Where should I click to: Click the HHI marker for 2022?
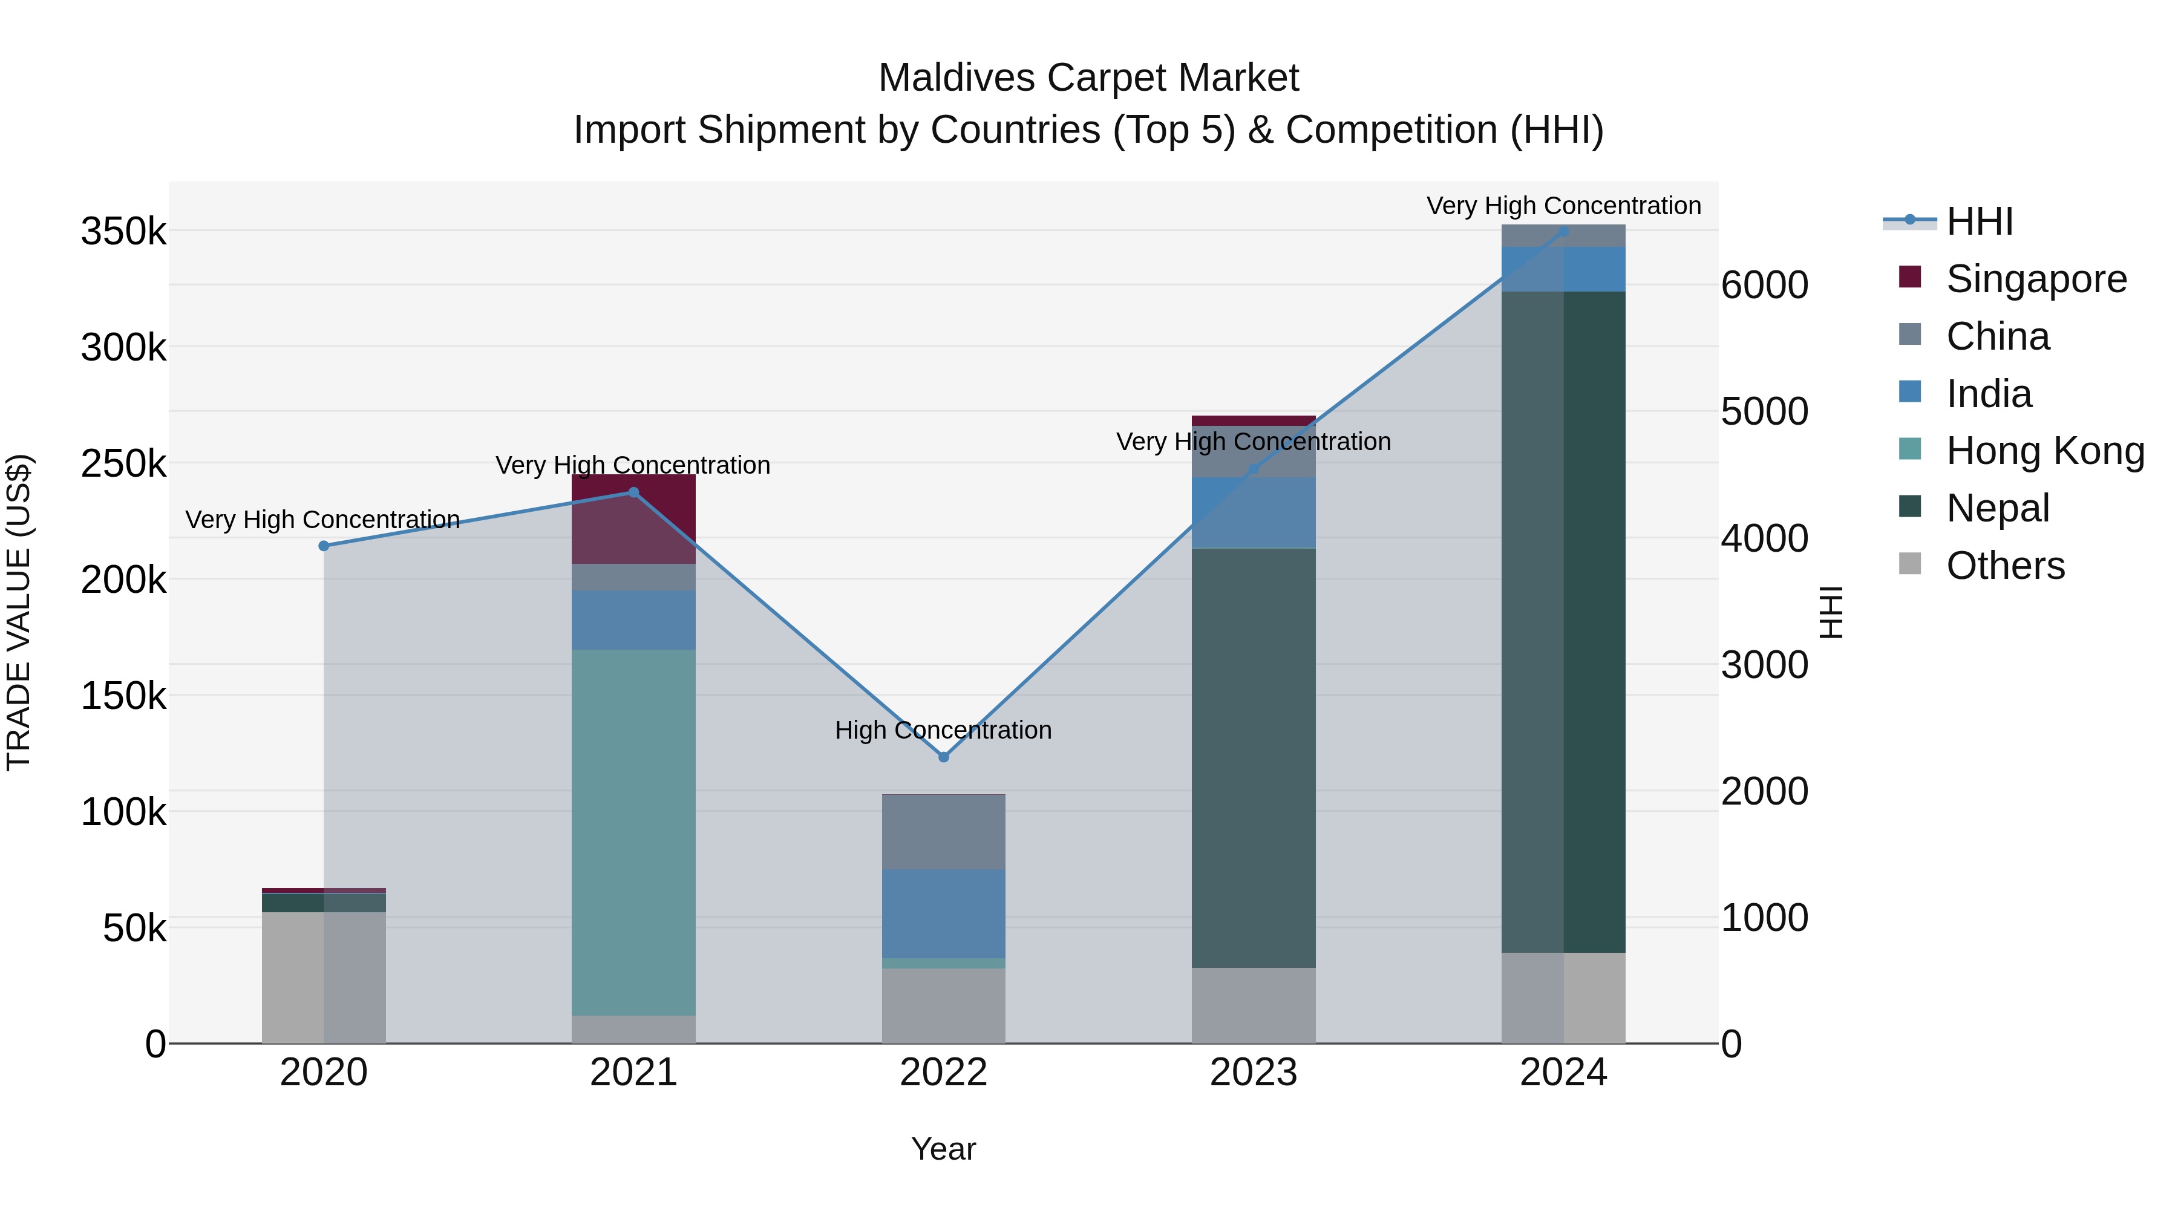click(x=944, y=757)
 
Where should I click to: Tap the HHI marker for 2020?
click(x=324, y=546)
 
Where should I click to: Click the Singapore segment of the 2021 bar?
click(x=633, y=518)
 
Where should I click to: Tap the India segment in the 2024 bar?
click(x=1563, y=269)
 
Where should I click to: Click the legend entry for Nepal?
click(x=1997, y=508)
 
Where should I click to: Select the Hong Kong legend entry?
click(x=2044, y=451)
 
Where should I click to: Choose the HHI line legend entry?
click(x=1978, y=221)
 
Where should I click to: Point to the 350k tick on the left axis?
click(x=123, y=232)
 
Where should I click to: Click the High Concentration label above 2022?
click(x=944, y=730)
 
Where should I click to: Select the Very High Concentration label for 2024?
click(x=1563, y=206)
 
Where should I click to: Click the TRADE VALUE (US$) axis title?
click(x=19, y=612)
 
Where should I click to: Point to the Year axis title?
click(x=944, y=1149)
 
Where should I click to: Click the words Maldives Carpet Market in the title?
click(x=1088, y=78)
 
